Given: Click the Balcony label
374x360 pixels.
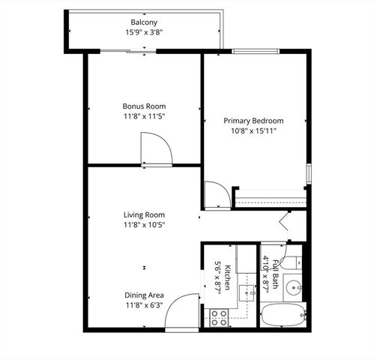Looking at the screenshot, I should click(144, 22).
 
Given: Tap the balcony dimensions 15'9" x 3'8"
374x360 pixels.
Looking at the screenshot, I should click(144, 32).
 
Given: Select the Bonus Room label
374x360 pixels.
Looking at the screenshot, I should click(144, 106).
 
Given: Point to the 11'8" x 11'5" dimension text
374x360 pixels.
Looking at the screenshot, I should click(144, 117).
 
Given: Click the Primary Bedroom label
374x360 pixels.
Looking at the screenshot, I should click(254, 121).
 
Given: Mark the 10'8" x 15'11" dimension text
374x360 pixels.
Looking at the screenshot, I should click(254, 131).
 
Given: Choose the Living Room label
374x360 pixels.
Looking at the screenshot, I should click(144, 214).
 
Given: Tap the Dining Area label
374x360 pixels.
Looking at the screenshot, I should click(144, 295).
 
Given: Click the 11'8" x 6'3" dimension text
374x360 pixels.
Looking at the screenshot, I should click(144, 305).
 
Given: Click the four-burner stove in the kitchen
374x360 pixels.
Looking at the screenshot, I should click(219, 317).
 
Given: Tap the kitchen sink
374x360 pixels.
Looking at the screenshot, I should click(245, 291).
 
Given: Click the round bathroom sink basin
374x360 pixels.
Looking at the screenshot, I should click(295, 286).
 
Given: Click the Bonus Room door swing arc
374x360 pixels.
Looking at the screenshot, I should click(158, 148).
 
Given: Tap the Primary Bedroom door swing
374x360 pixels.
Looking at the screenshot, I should click(216, 194).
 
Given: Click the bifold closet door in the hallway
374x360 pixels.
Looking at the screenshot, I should click(286, 222).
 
